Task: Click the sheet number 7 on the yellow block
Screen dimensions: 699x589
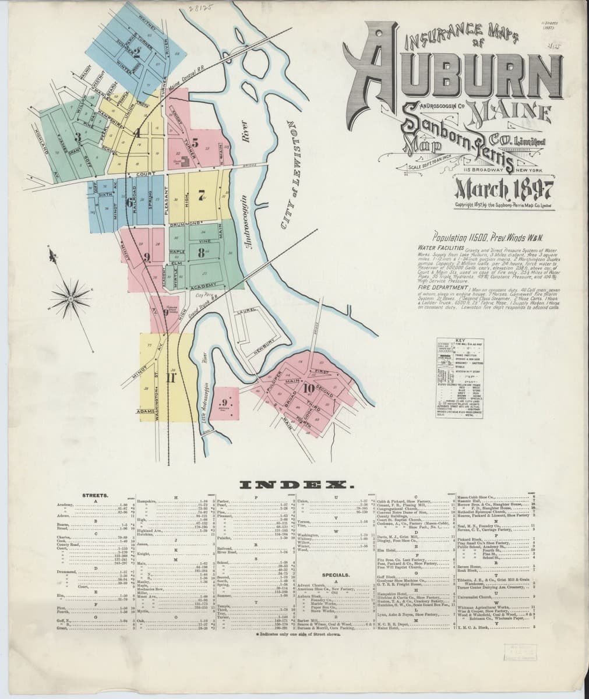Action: pyautogui.click(x=200, y=195)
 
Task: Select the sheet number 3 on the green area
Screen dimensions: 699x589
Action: pyautogui.click(x=77, y=137)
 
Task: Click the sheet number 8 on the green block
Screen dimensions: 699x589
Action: pyautogui.click(x=200, y=252)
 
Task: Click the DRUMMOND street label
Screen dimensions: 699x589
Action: pyautogui.click(x=185, y=224)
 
